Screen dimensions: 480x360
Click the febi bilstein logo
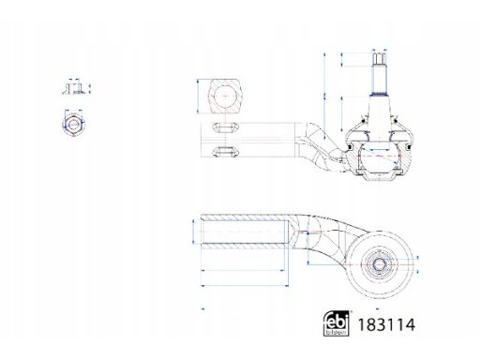tap(336, 323)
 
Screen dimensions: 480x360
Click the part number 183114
tap(386, 324)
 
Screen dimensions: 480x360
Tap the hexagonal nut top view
tap(73, 125)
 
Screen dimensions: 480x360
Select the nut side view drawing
tap(74, 88)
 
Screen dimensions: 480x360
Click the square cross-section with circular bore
tap(226, 96)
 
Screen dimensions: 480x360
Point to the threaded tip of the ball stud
tap(379, 59)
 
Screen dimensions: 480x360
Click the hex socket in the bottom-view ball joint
tap(380, 265)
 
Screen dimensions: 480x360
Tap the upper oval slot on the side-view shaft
tap(225, 127)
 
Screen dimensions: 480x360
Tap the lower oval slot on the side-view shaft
tap(225, 151)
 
